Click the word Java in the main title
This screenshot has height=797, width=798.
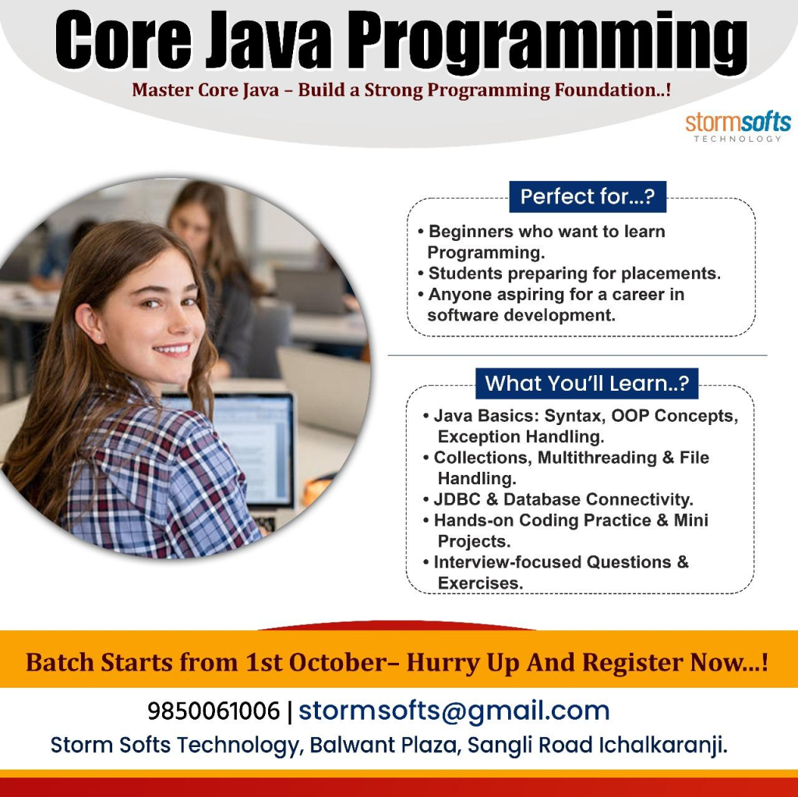(x=268, y=41)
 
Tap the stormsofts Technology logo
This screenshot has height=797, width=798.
(x=738, y=127)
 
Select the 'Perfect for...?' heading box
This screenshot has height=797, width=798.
(x=588, y=197)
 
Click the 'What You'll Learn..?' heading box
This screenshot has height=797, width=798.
(x=587, y=384)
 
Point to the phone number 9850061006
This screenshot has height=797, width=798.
(x=214, y=711)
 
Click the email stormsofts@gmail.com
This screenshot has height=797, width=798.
(x=454, y=711)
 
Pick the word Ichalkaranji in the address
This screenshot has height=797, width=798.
(x=662, y=746)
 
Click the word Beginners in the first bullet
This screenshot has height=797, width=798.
(x=471, y=232)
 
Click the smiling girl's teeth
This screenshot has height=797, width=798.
(x=172, y=349)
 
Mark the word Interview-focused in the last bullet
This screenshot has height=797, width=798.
(x=507, y=562)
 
